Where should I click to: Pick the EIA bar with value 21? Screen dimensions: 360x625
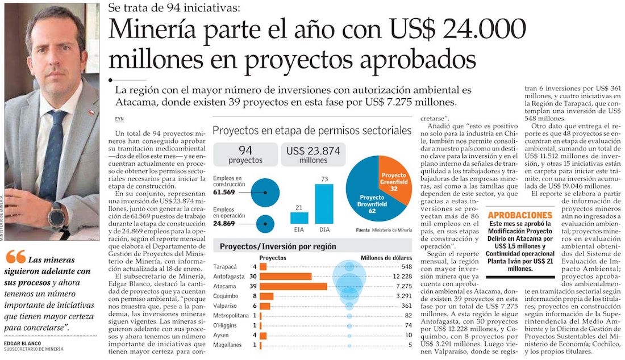299,217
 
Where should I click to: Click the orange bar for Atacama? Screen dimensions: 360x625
293,286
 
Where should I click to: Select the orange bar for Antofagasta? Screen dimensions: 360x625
285,277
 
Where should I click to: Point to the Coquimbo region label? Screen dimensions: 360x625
226,296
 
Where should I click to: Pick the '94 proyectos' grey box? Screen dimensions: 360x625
245,154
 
